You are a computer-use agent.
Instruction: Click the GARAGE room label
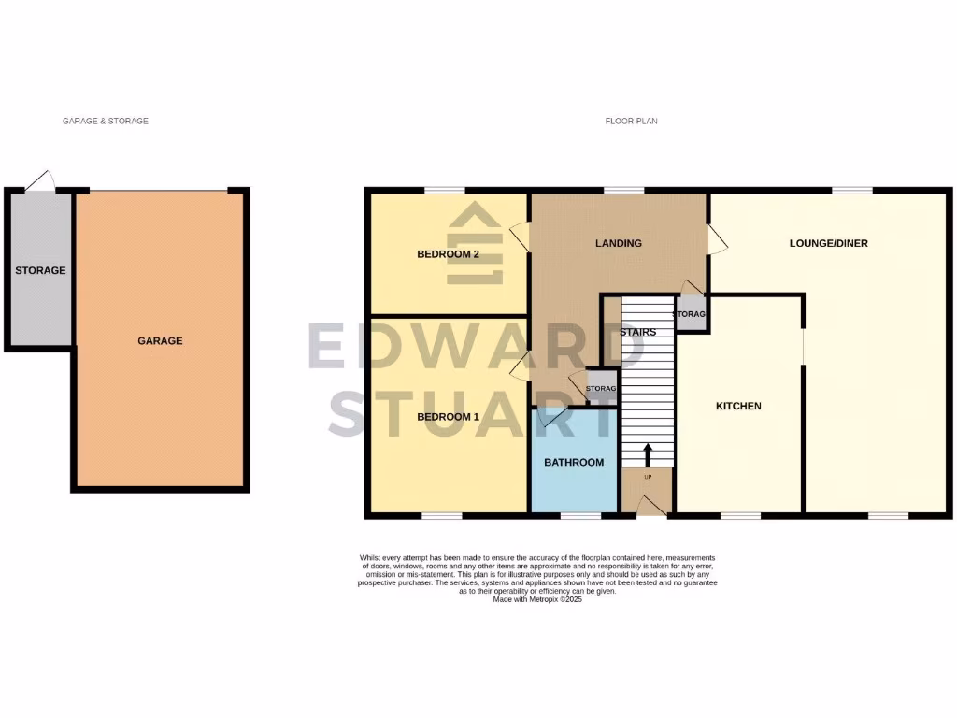[160, 341]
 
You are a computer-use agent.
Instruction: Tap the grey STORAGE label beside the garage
[40, 270]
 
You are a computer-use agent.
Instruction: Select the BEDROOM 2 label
[448, 254]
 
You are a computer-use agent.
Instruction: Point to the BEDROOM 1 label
[448, 416]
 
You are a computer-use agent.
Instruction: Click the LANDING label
[619, 243]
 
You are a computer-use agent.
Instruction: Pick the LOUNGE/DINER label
[828, 243]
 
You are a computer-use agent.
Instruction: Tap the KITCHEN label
[738, 406]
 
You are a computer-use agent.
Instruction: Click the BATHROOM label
[574, 462]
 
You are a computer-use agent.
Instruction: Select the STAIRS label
[636, 332]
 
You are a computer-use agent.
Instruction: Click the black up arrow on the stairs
[647, 454]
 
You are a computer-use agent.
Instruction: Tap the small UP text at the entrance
[647, 477]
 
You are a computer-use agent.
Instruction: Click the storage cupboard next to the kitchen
[691, 314]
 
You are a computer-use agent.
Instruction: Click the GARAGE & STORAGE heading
[106, 121]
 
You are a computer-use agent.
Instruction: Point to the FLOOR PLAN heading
[632, 121]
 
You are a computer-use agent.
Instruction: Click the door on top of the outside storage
[39, 183]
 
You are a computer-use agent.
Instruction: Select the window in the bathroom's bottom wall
[580, 514]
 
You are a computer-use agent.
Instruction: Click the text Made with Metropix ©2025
[542, 598]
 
